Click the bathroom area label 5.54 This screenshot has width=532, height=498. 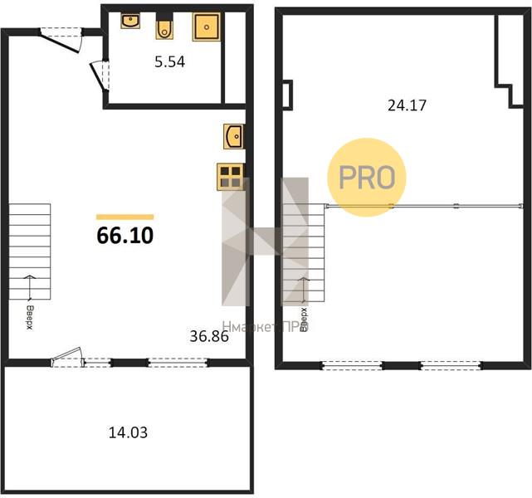click(169, 62)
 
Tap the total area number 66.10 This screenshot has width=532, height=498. click(125, 236)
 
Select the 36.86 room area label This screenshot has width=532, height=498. click(209, 336)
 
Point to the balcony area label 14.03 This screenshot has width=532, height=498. click(128, 432)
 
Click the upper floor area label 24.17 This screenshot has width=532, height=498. click(407, 105)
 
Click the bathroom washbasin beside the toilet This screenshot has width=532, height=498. click(130, 21)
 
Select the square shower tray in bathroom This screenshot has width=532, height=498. click(207, 27)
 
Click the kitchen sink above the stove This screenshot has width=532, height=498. click(233, 137)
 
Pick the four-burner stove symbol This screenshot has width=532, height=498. click(231, 177)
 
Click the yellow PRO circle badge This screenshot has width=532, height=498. click(367, 177)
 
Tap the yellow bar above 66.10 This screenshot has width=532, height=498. click(124, 217)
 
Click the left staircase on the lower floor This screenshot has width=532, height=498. click(30, 251)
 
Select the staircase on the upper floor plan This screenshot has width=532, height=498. click(304, 252)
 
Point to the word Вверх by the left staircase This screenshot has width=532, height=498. click(30, 318)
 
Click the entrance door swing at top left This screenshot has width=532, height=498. click(61, 40)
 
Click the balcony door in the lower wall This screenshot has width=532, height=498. click(67, 358)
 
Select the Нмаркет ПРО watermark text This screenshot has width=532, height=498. click(266, 327)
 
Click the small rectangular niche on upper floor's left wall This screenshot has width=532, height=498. click(287, 95)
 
